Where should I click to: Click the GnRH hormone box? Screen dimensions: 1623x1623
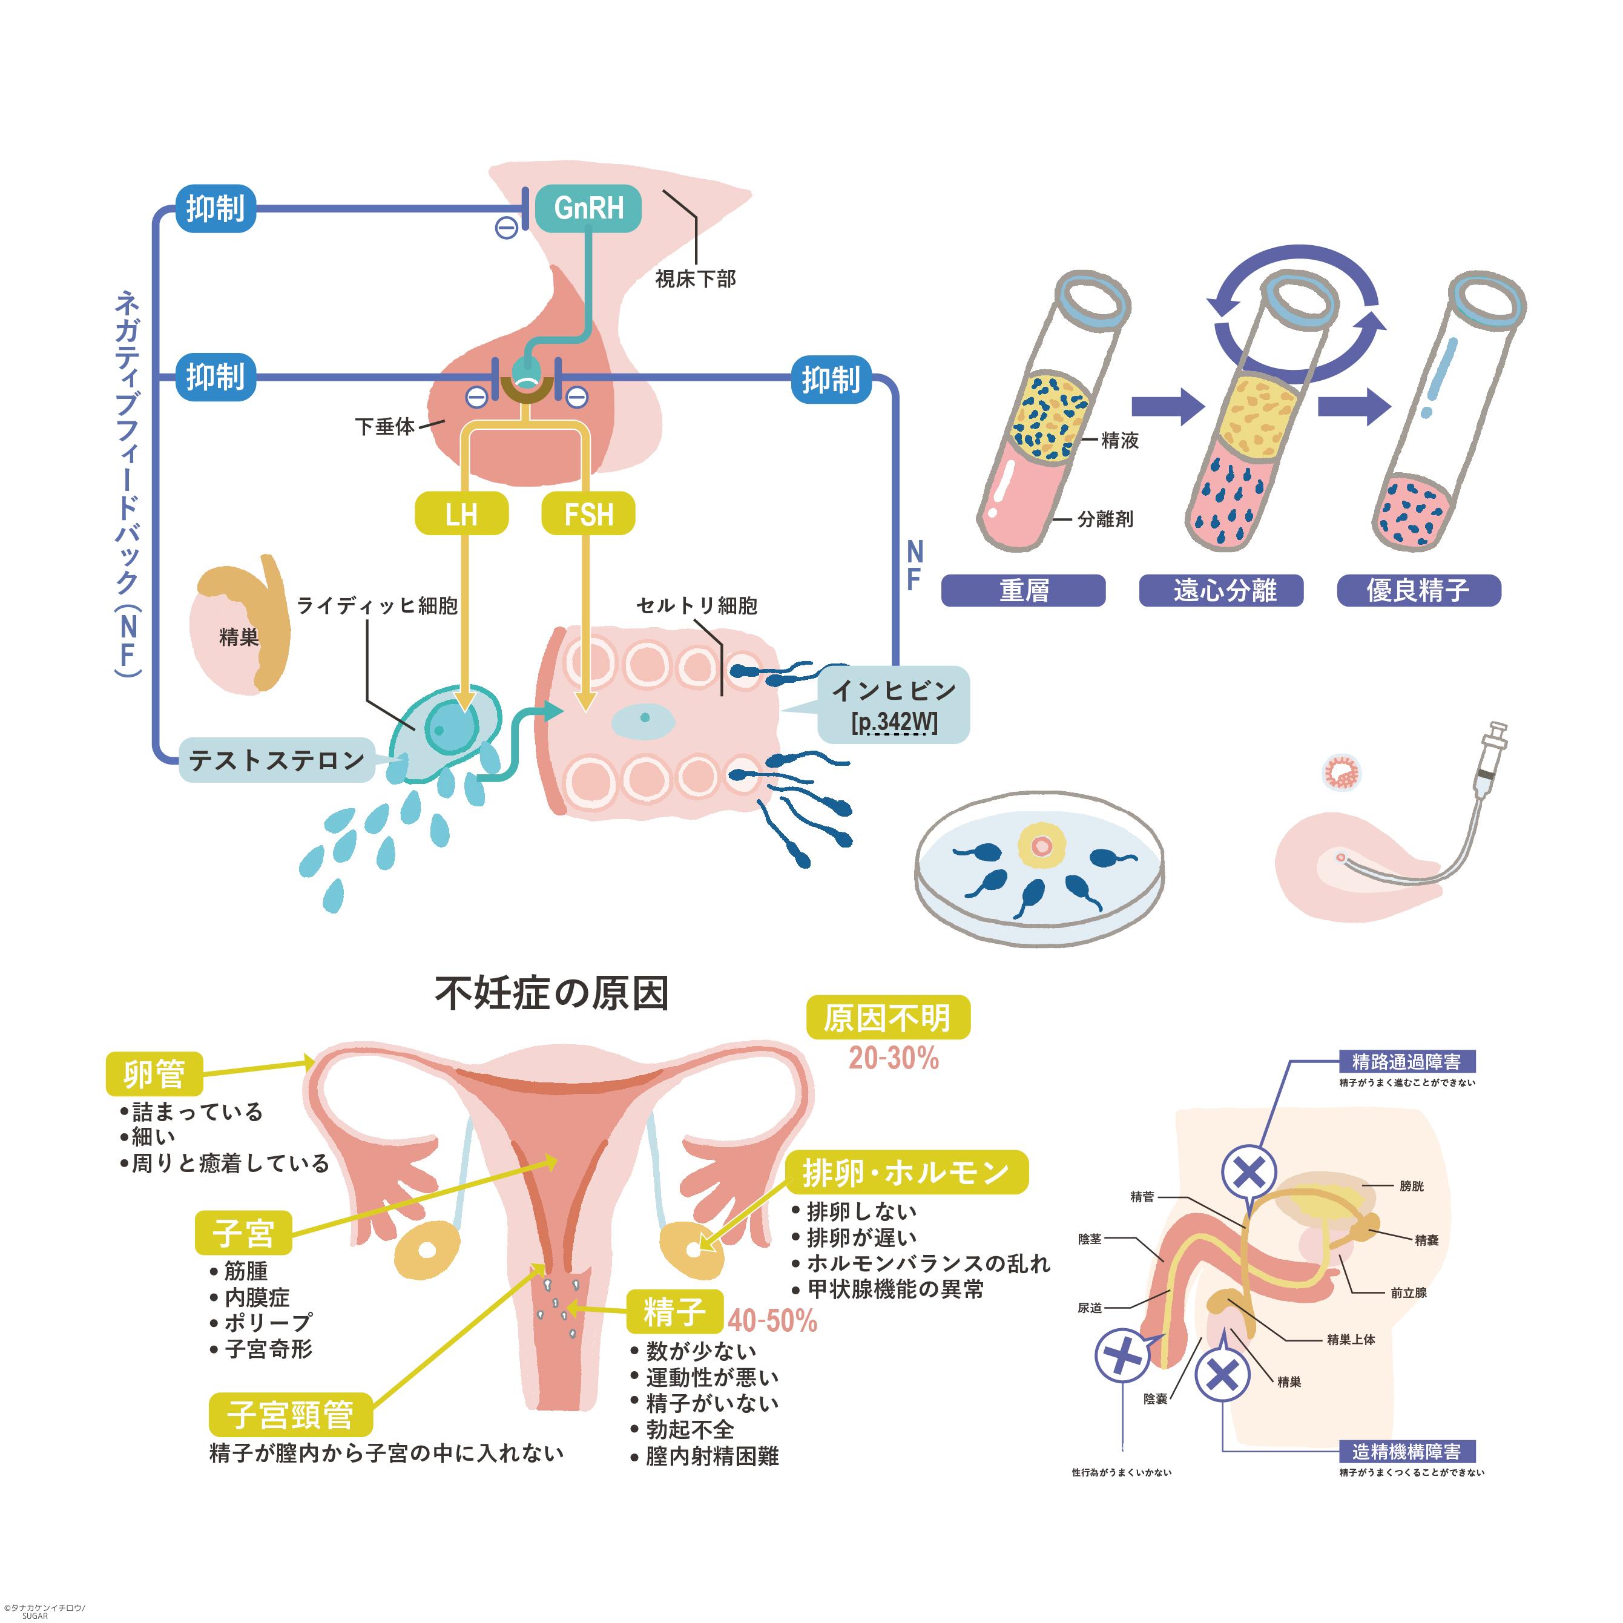coord(588,208)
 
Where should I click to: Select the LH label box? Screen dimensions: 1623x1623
coord(461,513)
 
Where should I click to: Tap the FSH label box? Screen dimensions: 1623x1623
coord(588,513)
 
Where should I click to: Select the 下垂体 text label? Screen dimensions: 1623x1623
coord(385,427)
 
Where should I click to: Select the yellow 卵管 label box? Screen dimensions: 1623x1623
coord(154,1073)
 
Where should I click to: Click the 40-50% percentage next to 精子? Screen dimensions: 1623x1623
coord(772,1320)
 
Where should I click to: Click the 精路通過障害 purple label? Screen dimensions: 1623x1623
coord(1406,1062)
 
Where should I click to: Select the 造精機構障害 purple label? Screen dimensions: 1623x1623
coord(1406,1452)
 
